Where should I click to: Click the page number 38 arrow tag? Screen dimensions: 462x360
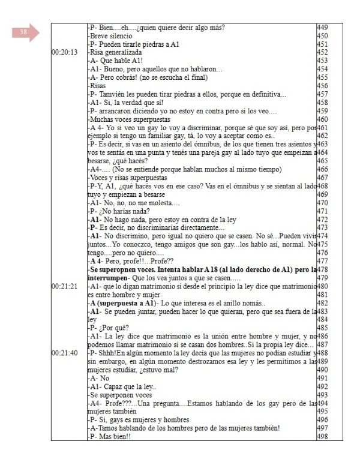point(24,33)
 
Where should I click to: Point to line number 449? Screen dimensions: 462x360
point(322,27)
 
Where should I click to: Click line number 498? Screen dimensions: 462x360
point(322,436)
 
